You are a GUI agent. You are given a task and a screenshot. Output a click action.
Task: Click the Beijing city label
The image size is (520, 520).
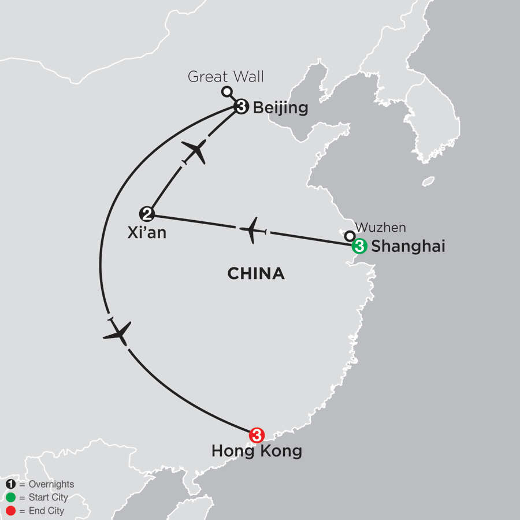pyautogui.click(x=281, y=108)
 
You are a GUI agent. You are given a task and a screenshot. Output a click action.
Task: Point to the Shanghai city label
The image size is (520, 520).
pyautogui.click(x=408, y=247)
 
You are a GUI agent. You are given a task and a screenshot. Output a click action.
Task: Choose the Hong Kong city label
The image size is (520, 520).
pyautogui.click(x=257, y=451)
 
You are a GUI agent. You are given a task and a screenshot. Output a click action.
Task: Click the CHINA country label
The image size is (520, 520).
pyautogui.click(x=256, y=273)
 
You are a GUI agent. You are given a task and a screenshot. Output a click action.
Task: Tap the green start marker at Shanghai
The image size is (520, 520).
pyautogui.click(x=359, y=246)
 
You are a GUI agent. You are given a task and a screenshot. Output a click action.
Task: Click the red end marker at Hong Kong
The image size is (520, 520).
pyautogui.click(x=257, y=434)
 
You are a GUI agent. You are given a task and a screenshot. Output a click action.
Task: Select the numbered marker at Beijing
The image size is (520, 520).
pyautogui.click(x=242, y=107)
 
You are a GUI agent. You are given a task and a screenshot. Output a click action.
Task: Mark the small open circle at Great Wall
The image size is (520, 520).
pyautogui.click(x=227, y=91)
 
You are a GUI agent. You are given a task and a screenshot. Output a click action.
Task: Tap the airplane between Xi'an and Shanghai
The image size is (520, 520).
pyautogui.click(x=253, y=230)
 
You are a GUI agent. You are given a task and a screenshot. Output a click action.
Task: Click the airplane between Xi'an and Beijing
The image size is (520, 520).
pyautogui.click(x=195, y=152)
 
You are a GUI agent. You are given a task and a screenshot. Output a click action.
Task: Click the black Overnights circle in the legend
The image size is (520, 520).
pyautogui.click(x=10, y=484)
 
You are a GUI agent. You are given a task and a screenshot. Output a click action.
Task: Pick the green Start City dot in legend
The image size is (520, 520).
pyautogui.click(x=10, y=497)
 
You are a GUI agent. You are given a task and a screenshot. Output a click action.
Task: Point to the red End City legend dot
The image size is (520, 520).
pyautogui.click(x=10, y=511)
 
